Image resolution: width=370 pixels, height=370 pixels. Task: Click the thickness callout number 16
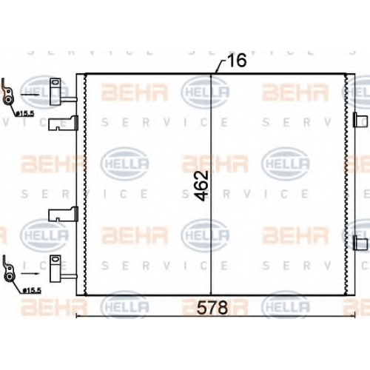pyautogui.click(x=237, y=60)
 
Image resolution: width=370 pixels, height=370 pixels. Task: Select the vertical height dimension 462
pyautogui.click(x=201, y=186)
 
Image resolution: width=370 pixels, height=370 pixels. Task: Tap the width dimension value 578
pyautogui.click(x=212, y=308)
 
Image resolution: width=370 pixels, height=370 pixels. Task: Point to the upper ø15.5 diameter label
pyautogui.click(x=25, y=114)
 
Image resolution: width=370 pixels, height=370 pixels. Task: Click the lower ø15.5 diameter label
pyautogui.click(x=32, y=291)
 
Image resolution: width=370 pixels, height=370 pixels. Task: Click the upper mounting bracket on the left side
pyautogui.click(x=63, y=123)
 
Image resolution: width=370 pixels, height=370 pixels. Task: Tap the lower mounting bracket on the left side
pyautogui.click(x=63, y=214)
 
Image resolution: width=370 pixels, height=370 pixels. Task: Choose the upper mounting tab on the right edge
pyautogui.click(x=360, y=120)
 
